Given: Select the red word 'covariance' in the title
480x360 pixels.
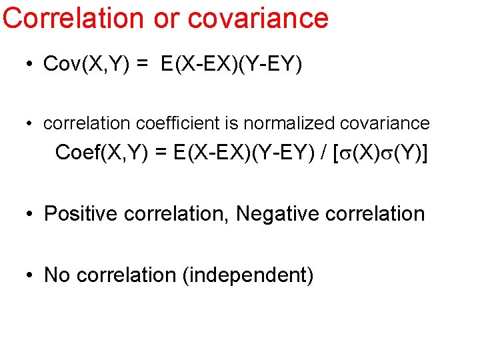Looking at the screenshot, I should click(259, 18).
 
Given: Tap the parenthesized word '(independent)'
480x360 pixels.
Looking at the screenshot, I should click(248, 275).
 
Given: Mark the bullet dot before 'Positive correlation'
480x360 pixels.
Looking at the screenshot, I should click(30, 215).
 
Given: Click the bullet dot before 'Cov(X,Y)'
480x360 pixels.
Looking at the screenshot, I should click(30, 65).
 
